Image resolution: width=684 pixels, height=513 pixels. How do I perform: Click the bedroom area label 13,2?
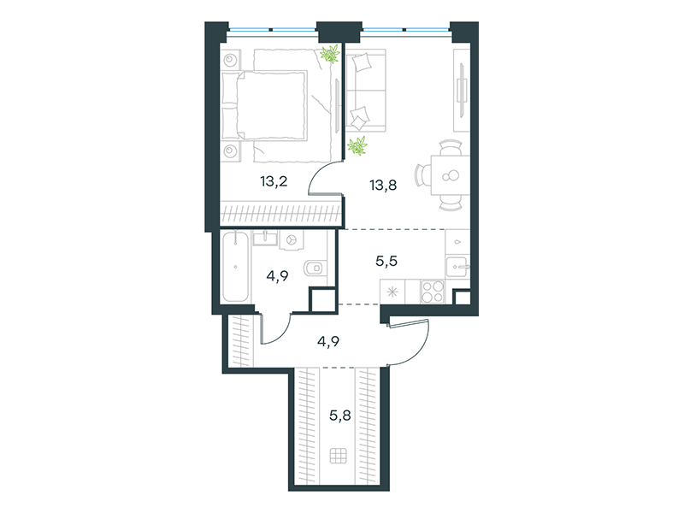(274, 181)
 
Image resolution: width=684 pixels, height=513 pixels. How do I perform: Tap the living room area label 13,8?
(383, 186)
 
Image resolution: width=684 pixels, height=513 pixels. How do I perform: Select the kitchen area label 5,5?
(386, 261)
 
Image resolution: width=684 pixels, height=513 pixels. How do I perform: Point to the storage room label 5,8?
(339, 416)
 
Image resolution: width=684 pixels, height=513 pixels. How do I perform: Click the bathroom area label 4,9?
(277, 275)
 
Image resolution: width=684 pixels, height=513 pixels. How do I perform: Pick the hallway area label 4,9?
(328, 341)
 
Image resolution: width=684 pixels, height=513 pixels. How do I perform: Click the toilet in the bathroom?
(315, 268)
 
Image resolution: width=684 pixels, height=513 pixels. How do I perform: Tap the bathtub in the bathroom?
(236, 267)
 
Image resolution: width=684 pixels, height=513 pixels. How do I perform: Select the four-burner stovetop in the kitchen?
(433, 292)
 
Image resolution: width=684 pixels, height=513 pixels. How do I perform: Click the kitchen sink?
(457, 266)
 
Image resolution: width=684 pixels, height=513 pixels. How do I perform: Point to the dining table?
(450, 175)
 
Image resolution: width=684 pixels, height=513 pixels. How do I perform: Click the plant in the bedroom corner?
(330, 54)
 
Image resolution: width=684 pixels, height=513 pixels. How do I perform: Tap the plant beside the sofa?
(357, 145)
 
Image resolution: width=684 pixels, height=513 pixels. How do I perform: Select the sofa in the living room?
(366, 91)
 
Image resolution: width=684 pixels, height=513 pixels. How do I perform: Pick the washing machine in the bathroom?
(292, 240)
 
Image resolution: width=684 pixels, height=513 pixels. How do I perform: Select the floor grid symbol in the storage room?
(338, 456)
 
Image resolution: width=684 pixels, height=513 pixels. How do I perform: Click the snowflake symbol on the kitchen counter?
(392, 292)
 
